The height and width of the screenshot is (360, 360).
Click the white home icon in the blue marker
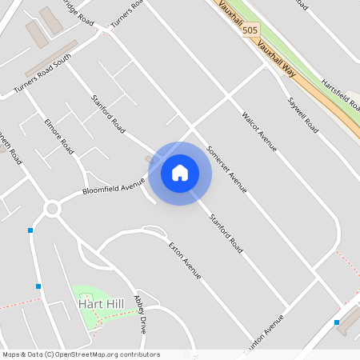point(180,173)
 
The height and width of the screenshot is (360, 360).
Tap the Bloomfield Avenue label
point(113,187)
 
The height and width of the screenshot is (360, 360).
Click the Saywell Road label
point(303,114)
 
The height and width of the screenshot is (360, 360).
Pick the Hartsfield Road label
point(340,94)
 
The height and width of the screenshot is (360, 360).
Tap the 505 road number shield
point(250,30)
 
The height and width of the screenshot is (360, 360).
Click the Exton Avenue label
point(185,259)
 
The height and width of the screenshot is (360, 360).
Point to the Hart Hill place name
point(100,304)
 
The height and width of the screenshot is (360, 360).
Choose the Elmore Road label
point(59,137)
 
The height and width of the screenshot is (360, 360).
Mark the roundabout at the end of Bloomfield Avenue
point(53,209)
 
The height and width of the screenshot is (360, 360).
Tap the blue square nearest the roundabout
point(30,230)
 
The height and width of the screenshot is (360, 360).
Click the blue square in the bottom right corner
point(337,322)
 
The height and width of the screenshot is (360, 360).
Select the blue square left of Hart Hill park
point(38,286)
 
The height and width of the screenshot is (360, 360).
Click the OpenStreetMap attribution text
point(81,354)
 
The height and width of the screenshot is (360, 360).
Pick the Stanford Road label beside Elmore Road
point(109,114)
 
